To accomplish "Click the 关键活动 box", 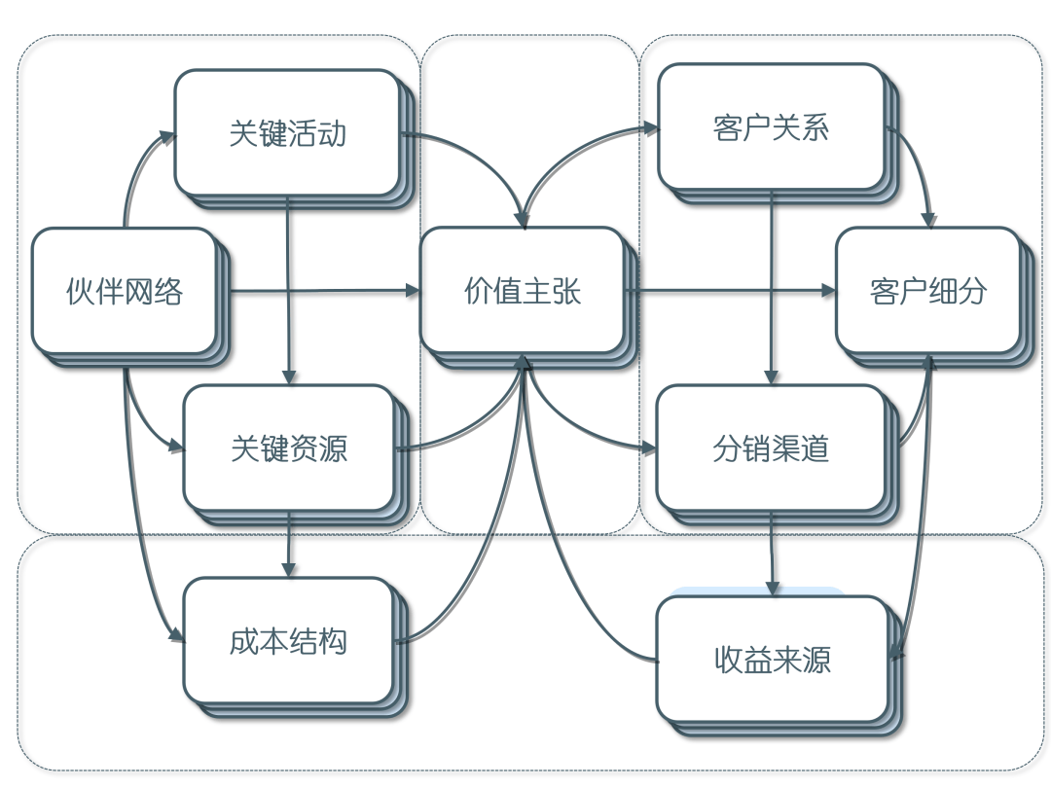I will pos(287,132).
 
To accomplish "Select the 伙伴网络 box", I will pos(124,291).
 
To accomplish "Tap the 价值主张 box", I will pos(522,291).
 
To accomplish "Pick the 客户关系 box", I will pos(771,127).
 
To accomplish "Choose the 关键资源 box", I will pos(289,448).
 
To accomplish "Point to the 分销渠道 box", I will pos(771,448).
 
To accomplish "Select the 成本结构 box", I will pos(288,641).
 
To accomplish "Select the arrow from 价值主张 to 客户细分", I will pos(730,290).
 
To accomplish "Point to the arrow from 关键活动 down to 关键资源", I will pos(288,292).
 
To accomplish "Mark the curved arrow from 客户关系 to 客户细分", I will pos(920,165).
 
